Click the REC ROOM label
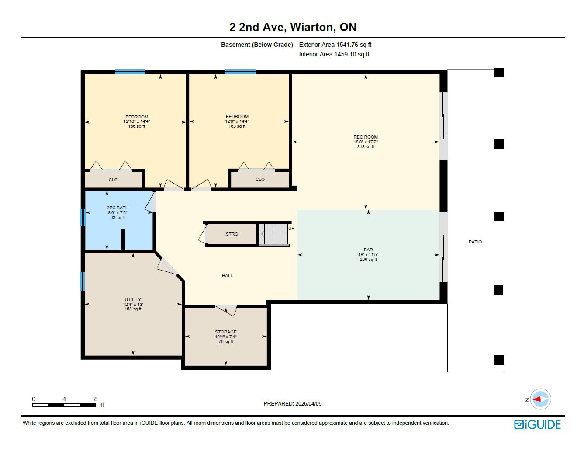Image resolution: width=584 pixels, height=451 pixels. click(366, 137)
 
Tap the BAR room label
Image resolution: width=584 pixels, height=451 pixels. click(368, 250)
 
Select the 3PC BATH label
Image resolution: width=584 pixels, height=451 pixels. click(117, 208)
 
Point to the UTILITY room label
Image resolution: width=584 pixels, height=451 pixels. click(133, 299)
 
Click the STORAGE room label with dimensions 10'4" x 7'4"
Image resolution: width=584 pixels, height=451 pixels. click(226, 332)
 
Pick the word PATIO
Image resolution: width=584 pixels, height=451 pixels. click(475, 242)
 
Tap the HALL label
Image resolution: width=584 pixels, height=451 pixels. click(228, 275)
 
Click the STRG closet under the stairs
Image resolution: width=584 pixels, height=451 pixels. click(232, 234)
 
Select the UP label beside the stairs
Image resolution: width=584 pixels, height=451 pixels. click(291, 229)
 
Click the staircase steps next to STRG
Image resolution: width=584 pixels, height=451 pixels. click(273, 234)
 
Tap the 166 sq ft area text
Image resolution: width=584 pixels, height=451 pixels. click(137, 126)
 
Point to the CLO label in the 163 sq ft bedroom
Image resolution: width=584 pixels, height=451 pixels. click(260, 179)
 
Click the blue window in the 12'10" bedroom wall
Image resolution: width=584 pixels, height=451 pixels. click(130, 72)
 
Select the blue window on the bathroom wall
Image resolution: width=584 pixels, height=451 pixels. click(83, 218)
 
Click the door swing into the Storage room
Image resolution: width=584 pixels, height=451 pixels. click(226, 310)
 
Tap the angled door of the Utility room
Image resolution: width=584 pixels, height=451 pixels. click(167, 267)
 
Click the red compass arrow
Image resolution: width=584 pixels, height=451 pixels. click(537, 399)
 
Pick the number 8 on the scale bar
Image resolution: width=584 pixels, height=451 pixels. click(96, 399)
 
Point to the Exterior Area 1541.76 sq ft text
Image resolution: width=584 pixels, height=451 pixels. click(335, 45)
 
